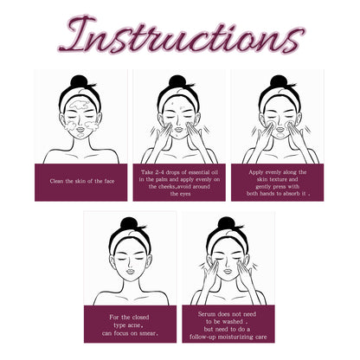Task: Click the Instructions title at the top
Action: tap(182, 35)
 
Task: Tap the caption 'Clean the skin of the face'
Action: tap(82, 182)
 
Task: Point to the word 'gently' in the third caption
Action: tap(263, 187)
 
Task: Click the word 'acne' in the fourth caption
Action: tap(134, 325)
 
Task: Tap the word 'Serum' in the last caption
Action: tap(207, 314)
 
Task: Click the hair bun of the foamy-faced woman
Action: tap(79, 81)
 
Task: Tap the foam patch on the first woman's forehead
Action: tap(79, 106)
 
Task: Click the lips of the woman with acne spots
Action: tap(178, 129)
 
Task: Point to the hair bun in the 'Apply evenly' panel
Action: tap(279, 81)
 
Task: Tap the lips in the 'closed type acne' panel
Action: tap(131, 271)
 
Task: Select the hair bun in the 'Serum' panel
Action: tap(227, 223)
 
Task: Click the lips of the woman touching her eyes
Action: tap(228, 271)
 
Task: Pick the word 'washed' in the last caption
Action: tap(232, 322)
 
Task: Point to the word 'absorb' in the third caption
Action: tap(291, 194)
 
